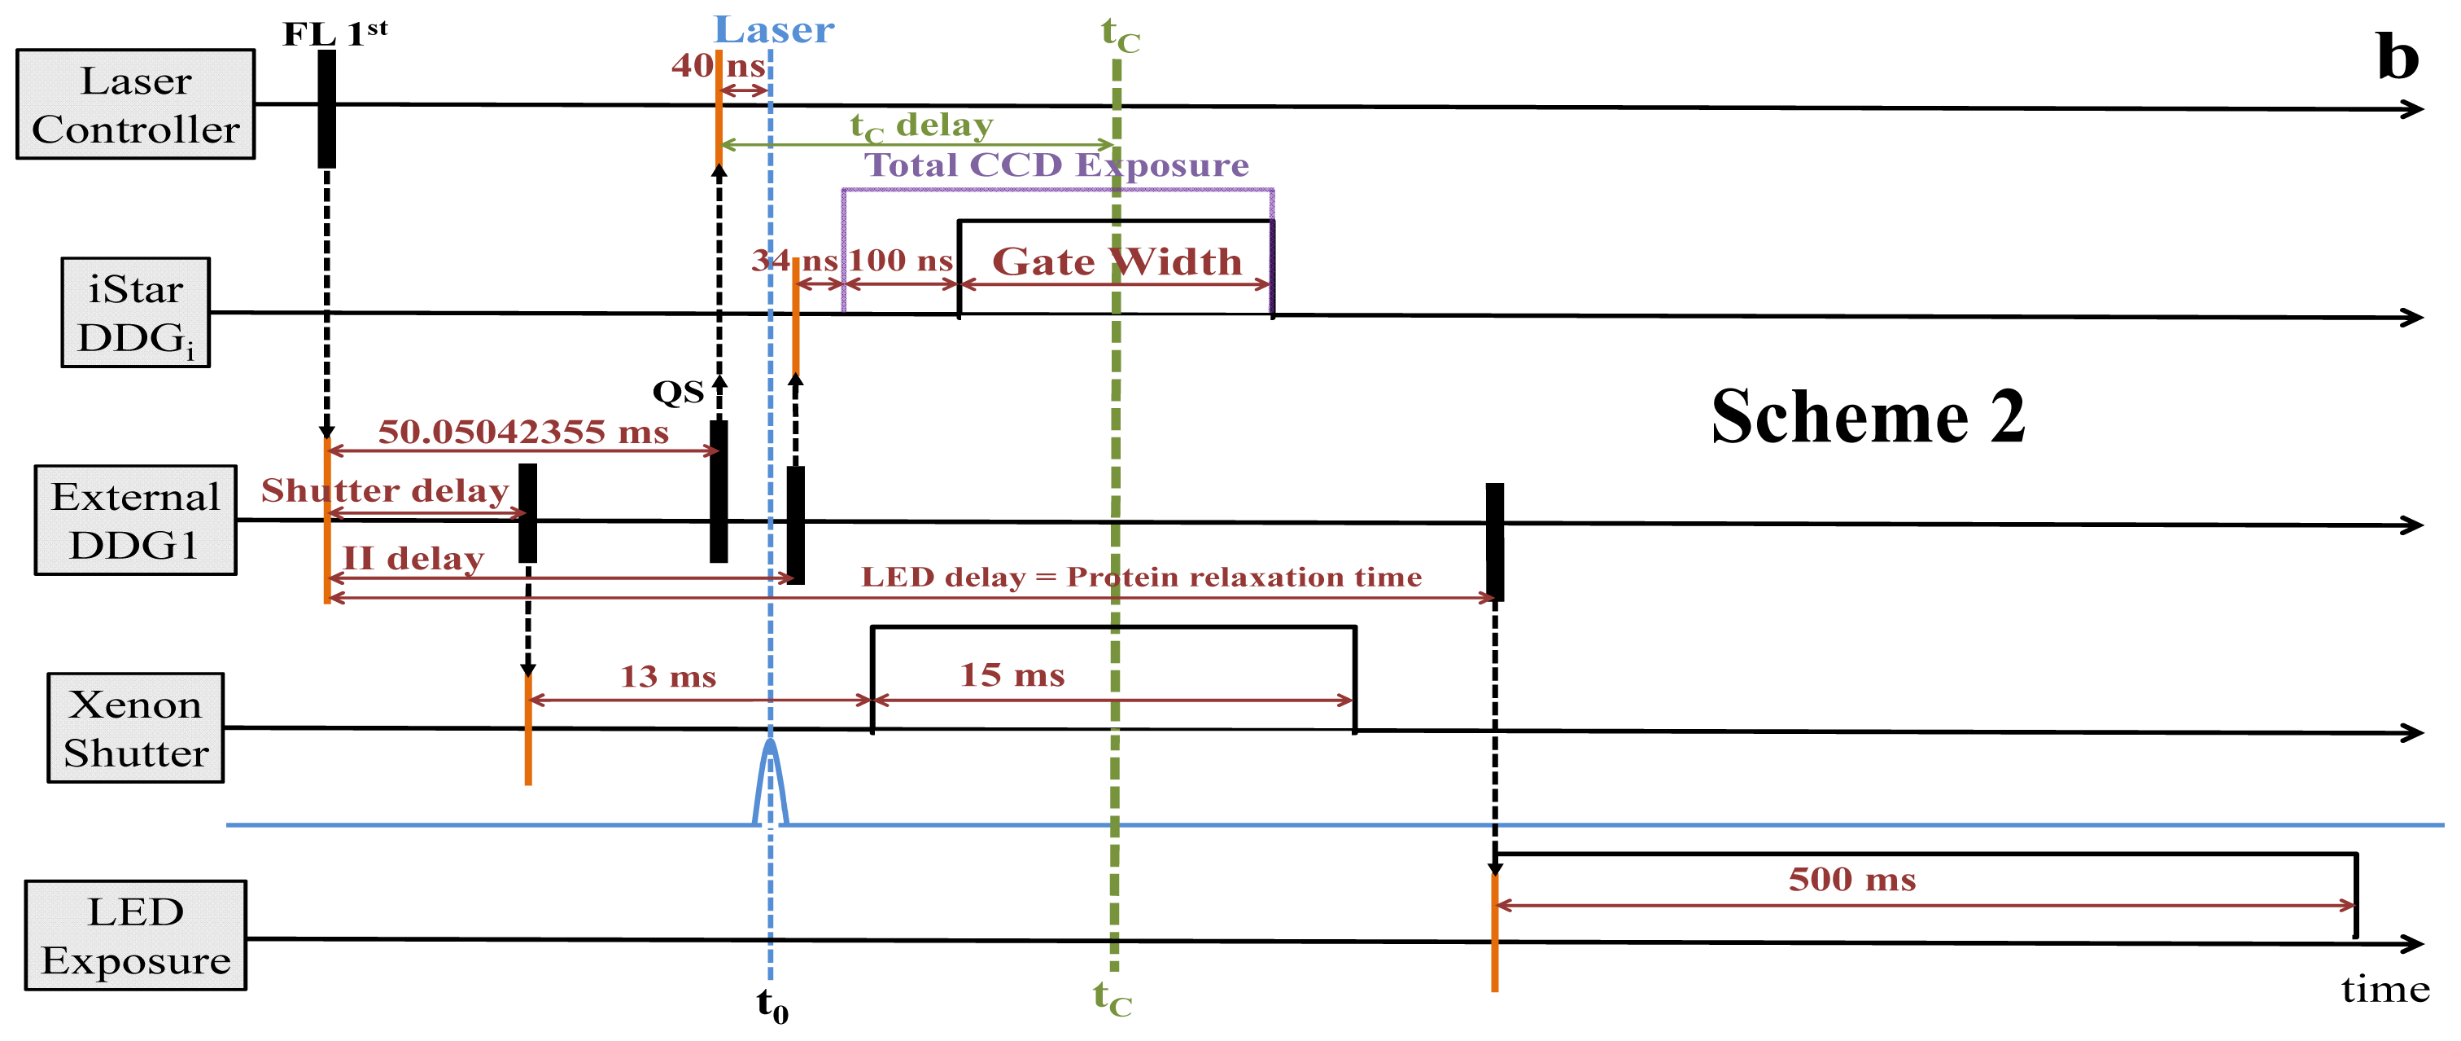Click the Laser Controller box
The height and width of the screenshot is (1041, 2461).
[x=135, y=104]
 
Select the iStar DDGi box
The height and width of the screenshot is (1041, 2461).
[x=135, y=313]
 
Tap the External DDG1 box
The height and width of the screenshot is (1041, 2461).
[x=135, y=520]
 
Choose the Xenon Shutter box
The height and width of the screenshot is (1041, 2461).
[x=135, y=727]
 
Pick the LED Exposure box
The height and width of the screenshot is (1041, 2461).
[x=135, y=935]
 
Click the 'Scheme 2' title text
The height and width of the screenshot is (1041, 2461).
[x=1867, y=418]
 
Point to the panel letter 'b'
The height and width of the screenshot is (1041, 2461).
[x=2397, y=57]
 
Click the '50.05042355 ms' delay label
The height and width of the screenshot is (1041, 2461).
[x=522, y=432]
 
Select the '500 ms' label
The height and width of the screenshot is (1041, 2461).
[x=1851, y=880]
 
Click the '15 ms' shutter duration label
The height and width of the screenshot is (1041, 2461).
[x=1012, y=675]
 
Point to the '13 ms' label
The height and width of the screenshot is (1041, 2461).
[x=668, y=677]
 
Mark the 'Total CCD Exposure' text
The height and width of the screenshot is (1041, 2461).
[x=1056, y=165]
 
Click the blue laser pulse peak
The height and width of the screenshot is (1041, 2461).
[x=770, y=744]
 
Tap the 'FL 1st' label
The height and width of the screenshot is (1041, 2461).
[x=334, y=33]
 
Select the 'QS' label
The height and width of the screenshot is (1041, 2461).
[x=677, y=392]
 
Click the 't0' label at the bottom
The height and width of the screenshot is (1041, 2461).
[x=772, y=1004]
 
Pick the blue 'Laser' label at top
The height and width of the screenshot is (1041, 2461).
[x=774, y=31]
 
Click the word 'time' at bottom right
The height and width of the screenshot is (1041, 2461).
[x=2385, y=990]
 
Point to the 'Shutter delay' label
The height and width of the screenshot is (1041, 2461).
[x=384, y=490]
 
